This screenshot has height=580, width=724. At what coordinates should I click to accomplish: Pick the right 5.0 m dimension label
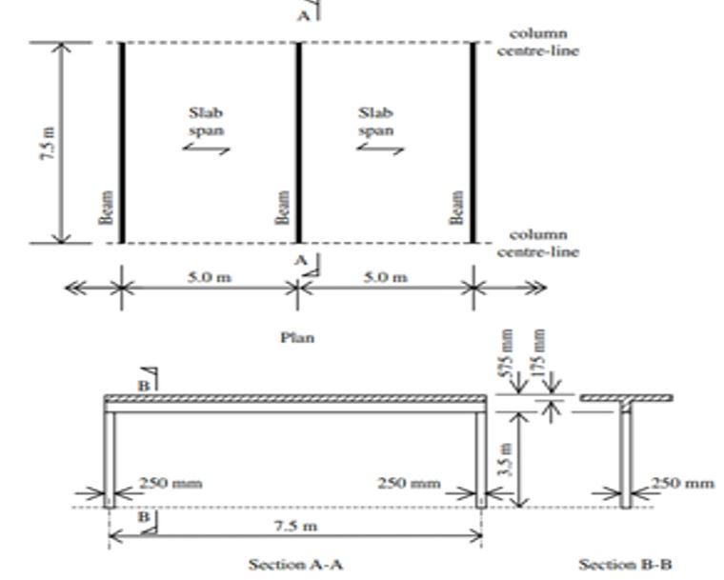pyautogui.click(x=384, y=277)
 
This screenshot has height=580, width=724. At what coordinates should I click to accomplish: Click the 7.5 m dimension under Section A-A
pyautogui.click(x=296, y=526)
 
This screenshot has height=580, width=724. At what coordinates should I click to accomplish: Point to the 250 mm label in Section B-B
pyautogui.click(x=684, y=483)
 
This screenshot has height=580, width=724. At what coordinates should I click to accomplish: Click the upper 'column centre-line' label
pyautogui.click(x=538, y=42)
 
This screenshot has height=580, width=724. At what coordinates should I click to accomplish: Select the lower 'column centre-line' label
pyautogui.click(x=538, y=243)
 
